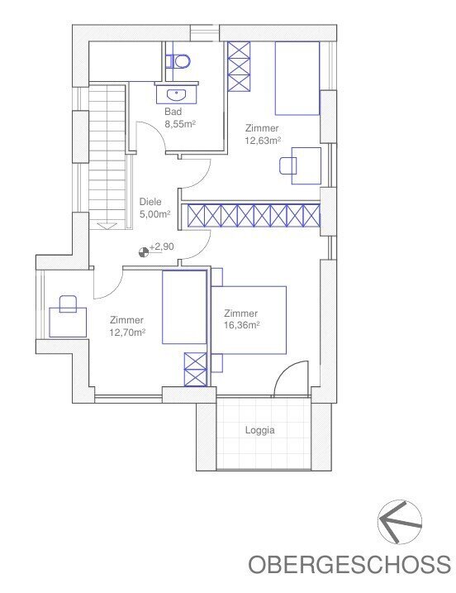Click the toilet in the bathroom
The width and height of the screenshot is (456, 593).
[x=178, y=61]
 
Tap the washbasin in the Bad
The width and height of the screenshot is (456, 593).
[x=176, y=94]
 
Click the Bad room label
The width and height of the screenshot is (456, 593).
[x=173, y=112]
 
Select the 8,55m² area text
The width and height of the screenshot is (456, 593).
[x=180, y=124]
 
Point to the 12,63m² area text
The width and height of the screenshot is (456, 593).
[x=263, y=141]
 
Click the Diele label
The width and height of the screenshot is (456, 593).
[x=150, y=202]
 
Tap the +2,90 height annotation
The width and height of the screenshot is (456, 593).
[x=162, y=246]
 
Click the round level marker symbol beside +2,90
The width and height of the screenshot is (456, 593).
[x=144, y=252]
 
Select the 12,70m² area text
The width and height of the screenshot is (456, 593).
[x=128, y=332]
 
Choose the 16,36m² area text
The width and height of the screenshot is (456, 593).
[x=242, y=325]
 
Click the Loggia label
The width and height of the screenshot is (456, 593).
[x=260, y=430]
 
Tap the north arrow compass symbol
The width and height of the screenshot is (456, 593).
[x=399, y=522]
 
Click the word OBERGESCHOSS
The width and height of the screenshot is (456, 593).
[x=349, y=564]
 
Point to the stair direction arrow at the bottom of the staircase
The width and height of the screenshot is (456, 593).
[x=107, y=226]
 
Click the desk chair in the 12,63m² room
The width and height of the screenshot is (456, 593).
[x=287, y=165]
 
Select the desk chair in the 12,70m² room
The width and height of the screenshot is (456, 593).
[x=68, y=304]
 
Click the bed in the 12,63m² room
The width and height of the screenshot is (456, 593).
[x=297, y=78]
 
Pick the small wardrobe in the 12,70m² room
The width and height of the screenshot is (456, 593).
[x=195, y=370]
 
